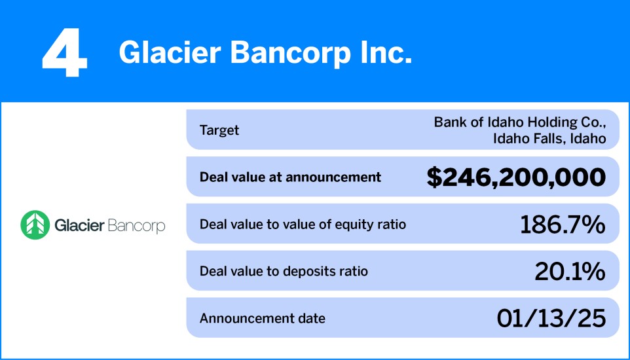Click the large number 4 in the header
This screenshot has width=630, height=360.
(x=64, y=54)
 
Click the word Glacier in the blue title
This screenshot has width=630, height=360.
(x=167, y=53)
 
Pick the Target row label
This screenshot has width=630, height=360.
(x=219, y=130)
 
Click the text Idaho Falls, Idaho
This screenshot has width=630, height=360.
(x=549, y=138)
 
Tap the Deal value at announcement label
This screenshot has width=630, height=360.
(x=290, y=177)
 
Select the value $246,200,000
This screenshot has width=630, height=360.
(x=516, y=177)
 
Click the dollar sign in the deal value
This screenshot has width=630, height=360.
(x=434, y=177)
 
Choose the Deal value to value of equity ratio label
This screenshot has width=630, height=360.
(x=303, y=225)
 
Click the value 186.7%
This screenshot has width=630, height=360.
(x=562, y=225)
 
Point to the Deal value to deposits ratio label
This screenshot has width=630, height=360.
(x=284, y=271)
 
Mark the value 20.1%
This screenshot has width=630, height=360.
(x=569, y=272)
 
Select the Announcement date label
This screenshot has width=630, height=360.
(x=262, y=319)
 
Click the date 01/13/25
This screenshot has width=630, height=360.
(x=550, y=319)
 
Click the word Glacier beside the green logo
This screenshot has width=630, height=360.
(x=79, y=226)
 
